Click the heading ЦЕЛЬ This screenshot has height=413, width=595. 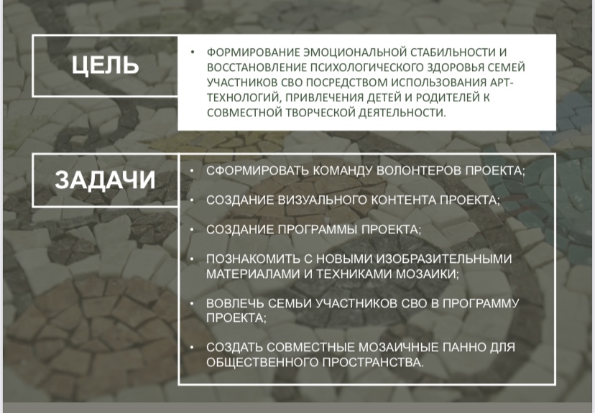[x=105, y=65]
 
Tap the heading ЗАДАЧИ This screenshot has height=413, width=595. [x=105, y=180]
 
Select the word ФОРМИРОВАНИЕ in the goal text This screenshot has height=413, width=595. [x=254, y=52]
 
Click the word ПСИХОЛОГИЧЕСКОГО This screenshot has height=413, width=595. [x=367, y=67]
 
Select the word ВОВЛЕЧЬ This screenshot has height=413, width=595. [x=235, y=303]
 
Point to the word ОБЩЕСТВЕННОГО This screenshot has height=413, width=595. [x=262, y=363]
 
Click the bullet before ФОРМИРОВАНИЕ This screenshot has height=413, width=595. [x=193, y=52]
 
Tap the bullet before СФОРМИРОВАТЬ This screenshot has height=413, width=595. [x=192, y=171]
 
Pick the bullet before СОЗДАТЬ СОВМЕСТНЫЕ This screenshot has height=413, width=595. [x=192, y=348]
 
